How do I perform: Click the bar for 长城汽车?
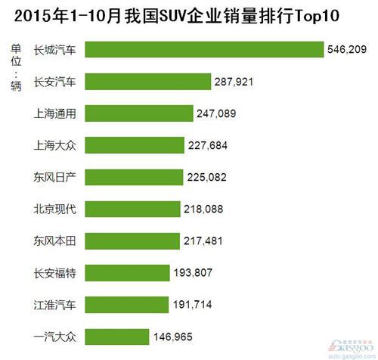click(204, 49)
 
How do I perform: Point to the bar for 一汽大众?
click(116, 334)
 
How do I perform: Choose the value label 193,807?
click(193, 271)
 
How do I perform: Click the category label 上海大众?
click(55, 144)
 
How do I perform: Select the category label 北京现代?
click(55, 208)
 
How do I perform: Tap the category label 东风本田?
click(55, 240)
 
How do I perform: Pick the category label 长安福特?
click(55, 271)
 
